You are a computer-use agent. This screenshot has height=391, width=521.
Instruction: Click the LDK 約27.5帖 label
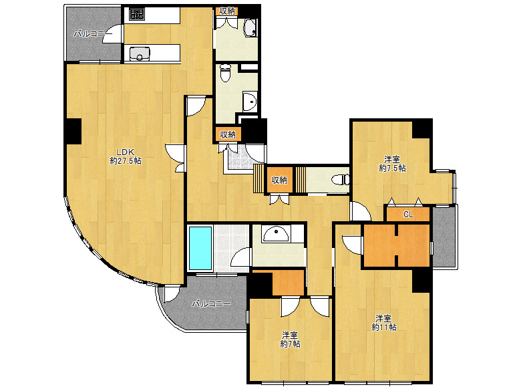pyautogui.click(x=126, y=156)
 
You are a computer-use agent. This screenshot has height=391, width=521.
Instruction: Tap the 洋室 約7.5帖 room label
pyautogui.click(x=392, y=164)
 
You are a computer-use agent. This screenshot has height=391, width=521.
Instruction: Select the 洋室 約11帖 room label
pyautogui.click(x=384, y=323)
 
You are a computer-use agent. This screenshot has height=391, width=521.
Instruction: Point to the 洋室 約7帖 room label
pyautogui.click(x=290, y=340)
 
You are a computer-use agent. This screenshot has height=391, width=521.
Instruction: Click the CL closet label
pyautogui.click(x=408, y=215)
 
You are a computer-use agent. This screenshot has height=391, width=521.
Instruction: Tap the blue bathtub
pyautogui.click(x=200, y=248)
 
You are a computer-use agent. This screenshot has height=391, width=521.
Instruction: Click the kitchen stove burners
pyautogui.click(x=136, y=13)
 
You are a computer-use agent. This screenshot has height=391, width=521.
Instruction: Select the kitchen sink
pyautogui.click(x=140, y=54)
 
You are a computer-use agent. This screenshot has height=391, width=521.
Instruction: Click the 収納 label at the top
pyautogui.click(x=227, y=11)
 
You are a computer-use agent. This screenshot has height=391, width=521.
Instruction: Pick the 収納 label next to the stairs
pyautogui.click(x=279, y=180)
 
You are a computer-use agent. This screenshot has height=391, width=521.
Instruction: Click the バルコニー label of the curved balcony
pyautogui.click(x=211, y=304)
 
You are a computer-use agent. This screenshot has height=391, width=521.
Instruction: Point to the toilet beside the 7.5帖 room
pyautogui.click(x=341, y=180)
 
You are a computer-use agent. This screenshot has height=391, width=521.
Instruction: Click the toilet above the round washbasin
pyautogui.click(x=226, y=73)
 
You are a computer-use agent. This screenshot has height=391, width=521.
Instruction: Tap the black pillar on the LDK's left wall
pyautogui.click(x=73, y=131)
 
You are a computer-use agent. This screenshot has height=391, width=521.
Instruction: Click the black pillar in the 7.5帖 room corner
pyautogui.click(x=422, y=129)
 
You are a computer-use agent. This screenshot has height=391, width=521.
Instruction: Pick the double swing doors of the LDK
pyautogui.click(x=175, y=158)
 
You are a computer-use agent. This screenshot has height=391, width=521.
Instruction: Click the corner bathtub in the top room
pyautogui.click(x=250, y=28)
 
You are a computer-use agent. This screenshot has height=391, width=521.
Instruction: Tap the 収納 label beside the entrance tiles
pyautogui.click(x=228, y=134)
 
